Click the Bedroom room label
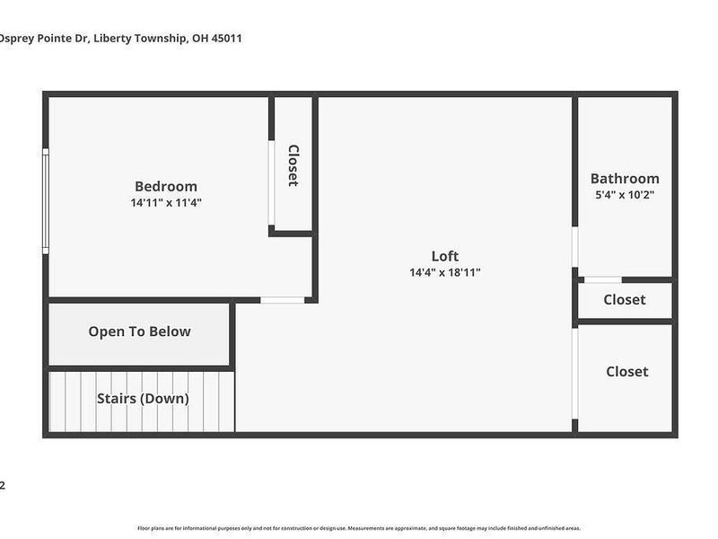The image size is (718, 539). click(x=166, y=187)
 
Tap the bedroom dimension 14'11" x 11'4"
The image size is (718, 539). click(x=166, y=203)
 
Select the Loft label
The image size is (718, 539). click(x=445, y=256)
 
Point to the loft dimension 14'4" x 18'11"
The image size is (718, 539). click(x=445, y=272)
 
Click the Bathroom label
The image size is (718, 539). click(x=625, y=179)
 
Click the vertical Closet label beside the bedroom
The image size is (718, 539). click(x=293, y=165)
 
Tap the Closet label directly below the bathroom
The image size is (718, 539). click(x=625, y=300)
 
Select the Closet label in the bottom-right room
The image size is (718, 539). click(x=626, y=371)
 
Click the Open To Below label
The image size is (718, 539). click(x=139, y=331)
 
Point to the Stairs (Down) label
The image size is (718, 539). click(x=143, y=399)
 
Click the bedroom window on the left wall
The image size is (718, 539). click(x=46, y=201)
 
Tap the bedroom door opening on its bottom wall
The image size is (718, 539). click(x=283, y=299)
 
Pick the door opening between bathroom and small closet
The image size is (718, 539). click(x=602, y=280)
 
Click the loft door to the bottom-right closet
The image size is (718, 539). click(x=575, y=371)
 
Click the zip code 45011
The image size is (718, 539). click(x=225, y=39)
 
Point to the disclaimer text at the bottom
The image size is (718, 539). click(x=359, y=528)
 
